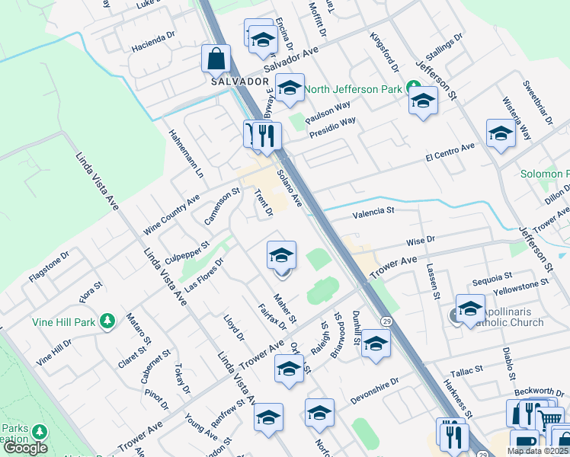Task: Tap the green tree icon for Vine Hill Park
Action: (107, 322)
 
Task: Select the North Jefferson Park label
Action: (353, 90)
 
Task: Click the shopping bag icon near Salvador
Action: (216, 58)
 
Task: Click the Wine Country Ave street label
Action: (171, 214)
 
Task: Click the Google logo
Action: (26, 448)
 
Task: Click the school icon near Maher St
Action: (281, 256)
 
